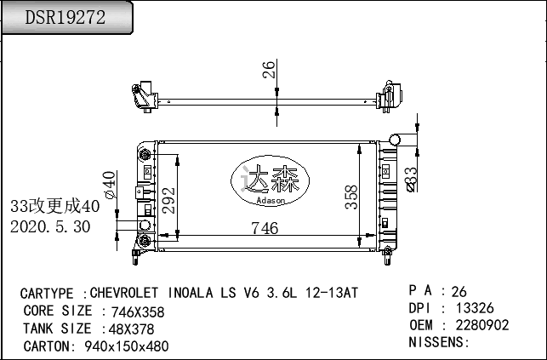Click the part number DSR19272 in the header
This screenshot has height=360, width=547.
tap(65, 17)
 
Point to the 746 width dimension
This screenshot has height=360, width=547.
tap(265, 228)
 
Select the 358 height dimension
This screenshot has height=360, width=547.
tap(351, 197)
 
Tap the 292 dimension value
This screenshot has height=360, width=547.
tap(168, 200)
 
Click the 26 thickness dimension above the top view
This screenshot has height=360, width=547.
tap(269, 70)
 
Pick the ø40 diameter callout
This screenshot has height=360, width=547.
tap(110, 185)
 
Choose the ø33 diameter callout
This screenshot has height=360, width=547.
tap(412, 180)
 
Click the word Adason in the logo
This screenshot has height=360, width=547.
tap(271, 201)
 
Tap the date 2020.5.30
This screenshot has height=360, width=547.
tap(50, 226)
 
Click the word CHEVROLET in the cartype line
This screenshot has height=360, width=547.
tap(124, 293)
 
